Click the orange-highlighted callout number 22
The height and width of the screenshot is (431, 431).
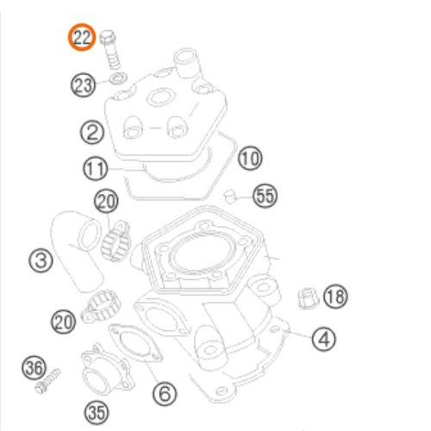tap(82, 37)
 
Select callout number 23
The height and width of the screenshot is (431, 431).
tap(83, 85)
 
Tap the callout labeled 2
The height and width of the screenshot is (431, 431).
tap(92, 132)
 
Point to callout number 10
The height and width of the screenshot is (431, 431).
tap(250, 158)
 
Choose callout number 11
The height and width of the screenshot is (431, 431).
tap(96, 168)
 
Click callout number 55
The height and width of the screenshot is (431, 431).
tap(265, 196)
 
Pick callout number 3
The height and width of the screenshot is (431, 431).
tap(41, 260)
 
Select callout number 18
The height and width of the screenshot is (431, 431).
tap(335, 297)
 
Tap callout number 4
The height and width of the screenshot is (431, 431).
tap(324, 339)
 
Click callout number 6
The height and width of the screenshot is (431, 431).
tap(165, 393)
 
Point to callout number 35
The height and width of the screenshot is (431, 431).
tap(97, 413)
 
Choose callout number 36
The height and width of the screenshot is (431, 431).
tap(34, 368)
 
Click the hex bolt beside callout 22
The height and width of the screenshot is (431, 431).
tap(110, 49)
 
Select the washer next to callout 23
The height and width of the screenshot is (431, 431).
tap(119, 78)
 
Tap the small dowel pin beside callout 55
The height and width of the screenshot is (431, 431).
tap(229, 197)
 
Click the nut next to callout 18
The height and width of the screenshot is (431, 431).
tap(309, 298)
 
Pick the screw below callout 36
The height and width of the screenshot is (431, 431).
tap(47, 381)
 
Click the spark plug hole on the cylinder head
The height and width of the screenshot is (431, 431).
tap(160, 97)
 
